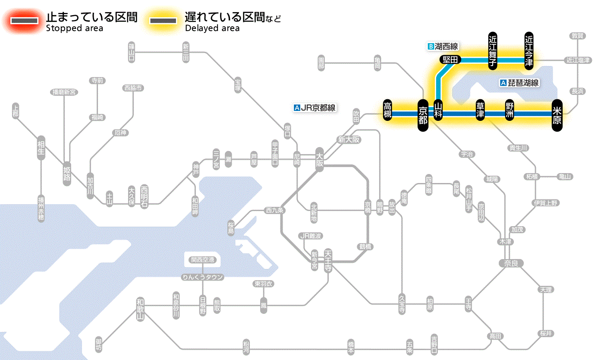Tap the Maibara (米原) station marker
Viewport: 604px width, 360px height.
point(557,114)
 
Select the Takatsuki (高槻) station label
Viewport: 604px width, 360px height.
point(387,111)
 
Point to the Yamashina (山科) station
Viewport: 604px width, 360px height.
point(438,111)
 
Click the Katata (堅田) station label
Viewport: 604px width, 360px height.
point(450,60)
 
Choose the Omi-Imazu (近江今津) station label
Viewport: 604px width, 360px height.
point(529,51)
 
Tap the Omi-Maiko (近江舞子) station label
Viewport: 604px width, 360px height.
point(493,51)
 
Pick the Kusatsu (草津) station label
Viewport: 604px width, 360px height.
point(480,111)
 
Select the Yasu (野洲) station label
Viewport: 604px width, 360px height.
point(510,111)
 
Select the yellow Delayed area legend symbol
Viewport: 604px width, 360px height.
point(163,21)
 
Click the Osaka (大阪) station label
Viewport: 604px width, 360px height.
point(320,159)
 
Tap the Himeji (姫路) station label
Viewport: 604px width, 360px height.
point(67,173)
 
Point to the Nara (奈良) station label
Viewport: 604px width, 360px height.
point(511,263)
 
